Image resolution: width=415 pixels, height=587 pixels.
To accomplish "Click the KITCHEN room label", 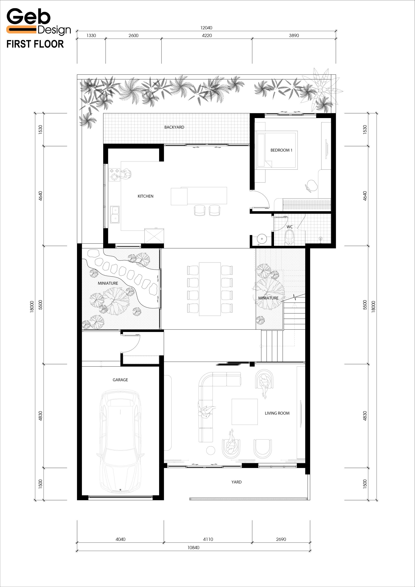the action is tap(146, 196).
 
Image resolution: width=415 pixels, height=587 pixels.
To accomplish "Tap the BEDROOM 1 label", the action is tap(281, 150).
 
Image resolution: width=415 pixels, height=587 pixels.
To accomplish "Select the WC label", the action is tap(289, 227).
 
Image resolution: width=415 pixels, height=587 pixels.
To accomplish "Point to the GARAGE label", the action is tap(120, 380).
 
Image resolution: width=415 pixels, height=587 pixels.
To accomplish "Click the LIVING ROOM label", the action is tap(277, 413).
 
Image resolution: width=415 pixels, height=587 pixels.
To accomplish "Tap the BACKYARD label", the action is tap(174, 127).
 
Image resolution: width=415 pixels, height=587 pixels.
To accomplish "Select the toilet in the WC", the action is tap(289, 237).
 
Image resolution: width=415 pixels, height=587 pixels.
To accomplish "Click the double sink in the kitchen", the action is tap(115, 214).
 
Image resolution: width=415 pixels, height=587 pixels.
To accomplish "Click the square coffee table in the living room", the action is tap(245, 412).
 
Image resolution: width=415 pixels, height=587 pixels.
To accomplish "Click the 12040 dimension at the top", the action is tap(206, 28).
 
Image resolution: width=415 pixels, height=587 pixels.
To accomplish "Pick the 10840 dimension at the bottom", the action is tap(193, 547).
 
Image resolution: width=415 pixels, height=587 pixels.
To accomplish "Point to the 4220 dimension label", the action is tap(207, 36).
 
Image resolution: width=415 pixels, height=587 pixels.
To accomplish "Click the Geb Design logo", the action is tap(38, 22).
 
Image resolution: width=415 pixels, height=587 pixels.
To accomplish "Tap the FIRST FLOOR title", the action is tap(35, 44).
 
